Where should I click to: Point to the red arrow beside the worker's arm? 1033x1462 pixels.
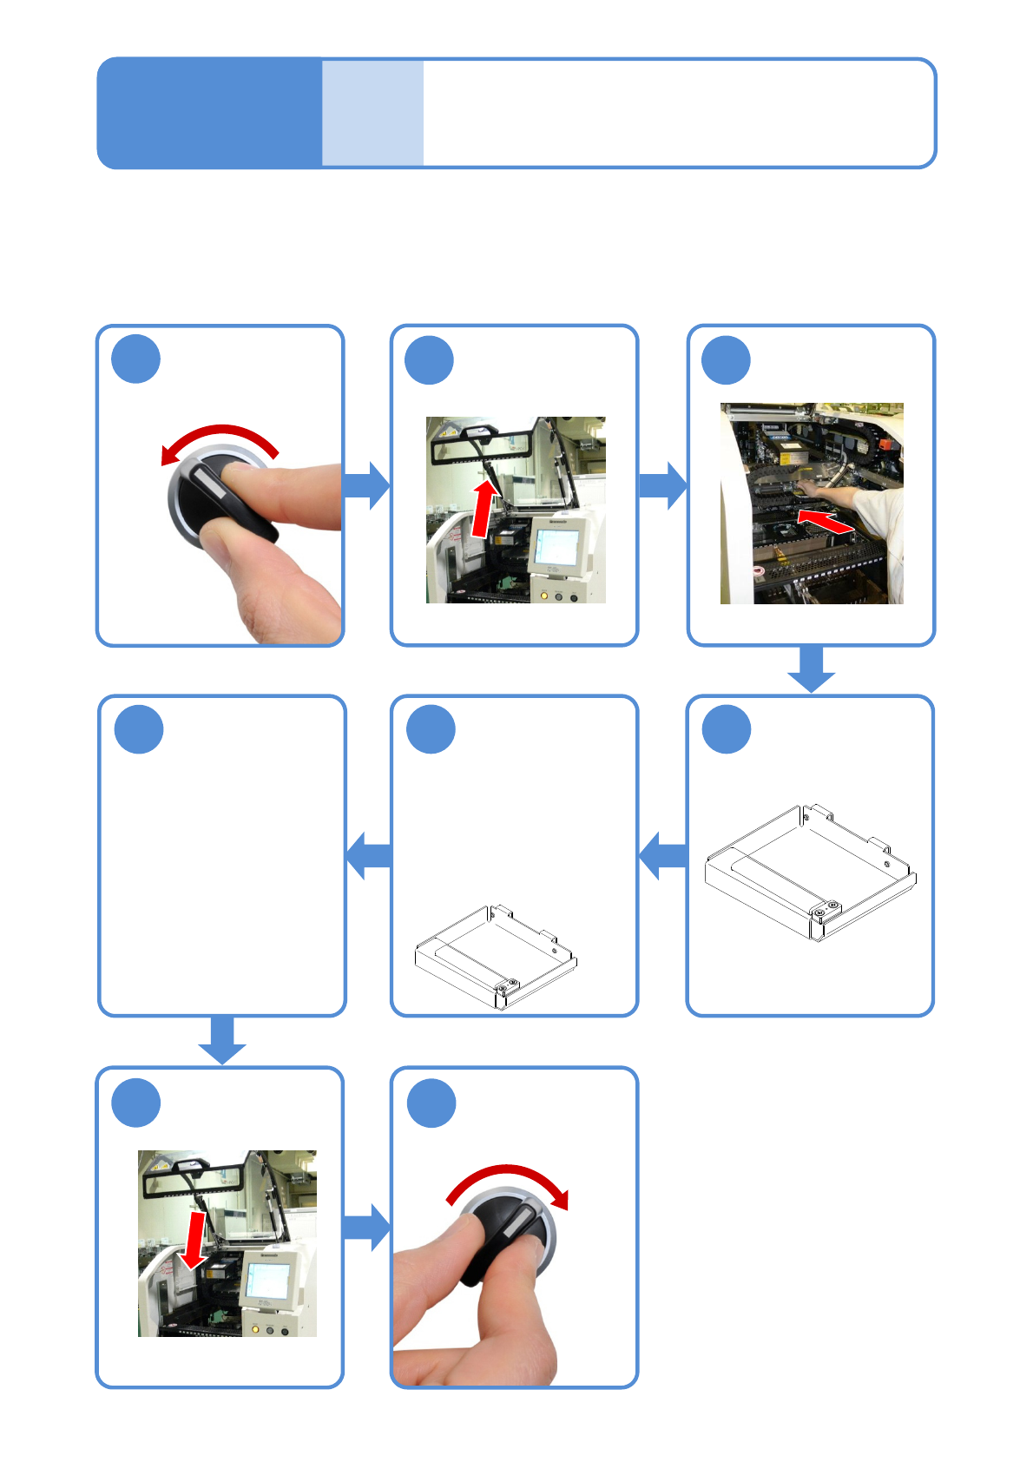824,522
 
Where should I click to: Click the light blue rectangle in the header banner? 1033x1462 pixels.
372,113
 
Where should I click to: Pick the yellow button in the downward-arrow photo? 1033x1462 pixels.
255,1329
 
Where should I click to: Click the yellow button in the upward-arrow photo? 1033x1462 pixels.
543,596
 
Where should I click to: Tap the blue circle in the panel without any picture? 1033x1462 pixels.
139,729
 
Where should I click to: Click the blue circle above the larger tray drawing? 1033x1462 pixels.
727,729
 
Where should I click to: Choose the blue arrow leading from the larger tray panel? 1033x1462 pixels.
663,855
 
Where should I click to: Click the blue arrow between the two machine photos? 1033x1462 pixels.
662,486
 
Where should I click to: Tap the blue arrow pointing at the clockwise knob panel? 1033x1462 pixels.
367,1227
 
